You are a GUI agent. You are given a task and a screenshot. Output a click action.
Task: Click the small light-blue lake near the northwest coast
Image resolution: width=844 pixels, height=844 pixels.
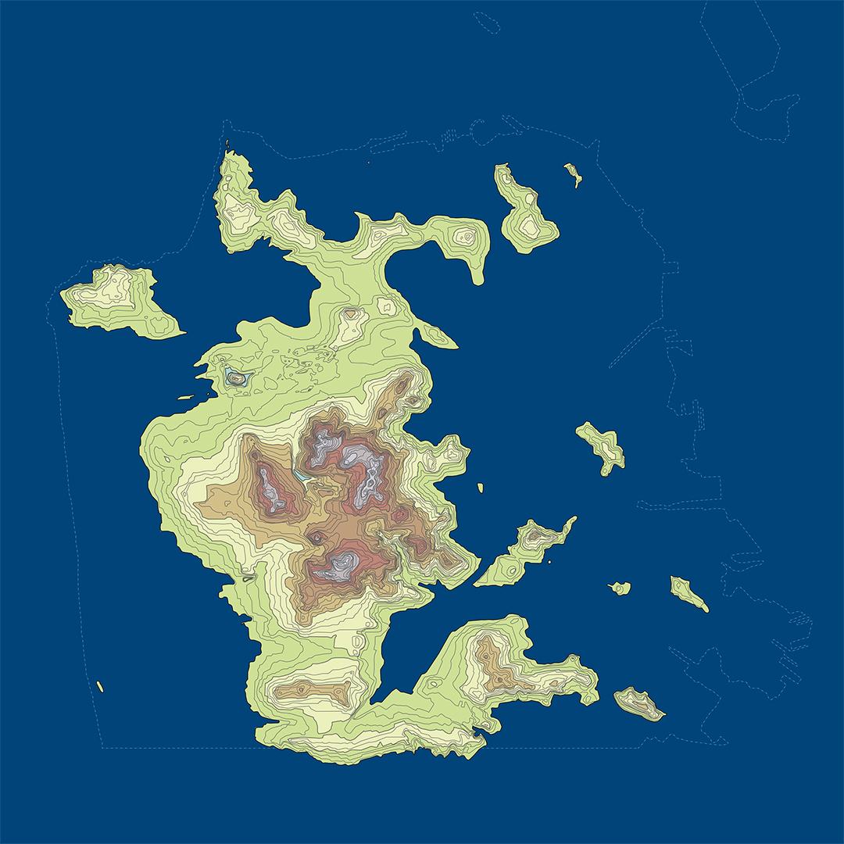pos(235,377)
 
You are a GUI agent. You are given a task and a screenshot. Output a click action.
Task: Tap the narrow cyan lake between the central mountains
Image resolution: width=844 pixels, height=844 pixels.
pos(301,474)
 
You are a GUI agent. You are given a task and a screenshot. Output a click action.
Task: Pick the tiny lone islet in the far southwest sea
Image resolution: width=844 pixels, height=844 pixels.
pos(100,687)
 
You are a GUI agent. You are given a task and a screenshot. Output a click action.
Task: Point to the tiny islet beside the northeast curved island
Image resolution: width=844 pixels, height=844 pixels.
pos(574,173)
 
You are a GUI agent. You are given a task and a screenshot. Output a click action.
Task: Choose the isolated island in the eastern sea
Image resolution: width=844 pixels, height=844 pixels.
pos(603,448)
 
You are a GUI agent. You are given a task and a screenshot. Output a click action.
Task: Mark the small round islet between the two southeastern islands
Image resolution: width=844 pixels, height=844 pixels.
pos(620,588)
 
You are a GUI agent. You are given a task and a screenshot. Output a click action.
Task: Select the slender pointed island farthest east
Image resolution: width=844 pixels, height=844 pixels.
pos(688,593)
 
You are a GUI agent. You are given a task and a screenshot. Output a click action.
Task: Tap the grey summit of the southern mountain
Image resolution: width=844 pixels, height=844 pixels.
pos(340,564)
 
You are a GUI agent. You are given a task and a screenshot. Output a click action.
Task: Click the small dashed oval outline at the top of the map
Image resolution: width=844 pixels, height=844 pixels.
pos(486,22)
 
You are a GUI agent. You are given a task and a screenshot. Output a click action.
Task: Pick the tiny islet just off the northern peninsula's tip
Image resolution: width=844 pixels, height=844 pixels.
pos(227,144)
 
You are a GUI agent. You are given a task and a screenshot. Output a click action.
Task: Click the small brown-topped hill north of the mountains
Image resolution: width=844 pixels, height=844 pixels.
pos(352,314)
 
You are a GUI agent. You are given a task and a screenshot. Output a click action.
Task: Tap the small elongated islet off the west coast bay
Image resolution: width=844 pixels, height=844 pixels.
pos(186,398)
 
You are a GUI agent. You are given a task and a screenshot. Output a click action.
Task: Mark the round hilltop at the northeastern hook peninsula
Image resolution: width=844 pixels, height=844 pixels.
pos(467,235)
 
